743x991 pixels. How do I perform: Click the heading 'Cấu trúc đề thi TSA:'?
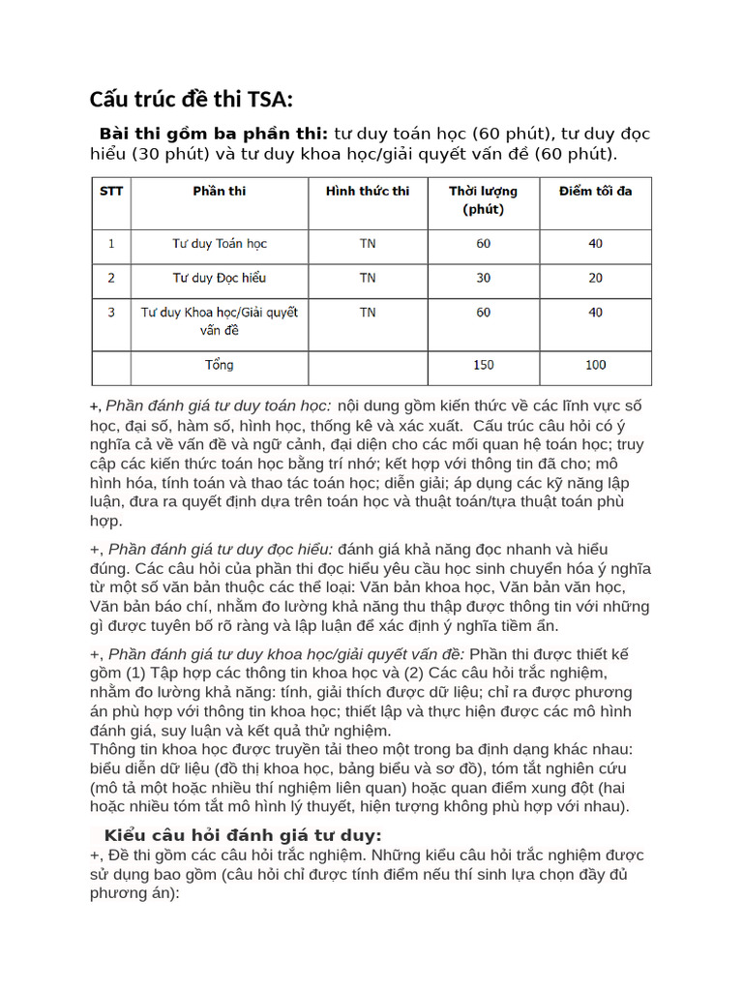point(191,100)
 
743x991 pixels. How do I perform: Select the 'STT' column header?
point(111,191)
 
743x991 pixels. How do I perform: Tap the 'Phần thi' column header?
point(220,191)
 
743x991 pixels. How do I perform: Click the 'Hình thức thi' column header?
point(368,191)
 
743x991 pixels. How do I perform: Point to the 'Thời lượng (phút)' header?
point(483,199)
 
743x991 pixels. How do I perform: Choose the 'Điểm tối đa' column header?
point(595,191)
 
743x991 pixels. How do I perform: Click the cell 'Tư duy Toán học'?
point(220,243)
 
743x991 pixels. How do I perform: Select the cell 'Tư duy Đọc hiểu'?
point(220,278)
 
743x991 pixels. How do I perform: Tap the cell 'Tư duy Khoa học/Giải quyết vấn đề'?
point(220,320)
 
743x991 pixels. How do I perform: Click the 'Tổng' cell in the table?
point(220,365)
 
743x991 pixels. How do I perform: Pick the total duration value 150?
point(483,365)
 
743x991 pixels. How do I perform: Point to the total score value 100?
point(595,365)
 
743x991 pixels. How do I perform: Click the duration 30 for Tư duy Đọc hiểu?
point(483,278)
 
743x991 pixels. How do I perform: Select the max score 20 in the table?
point(595,278)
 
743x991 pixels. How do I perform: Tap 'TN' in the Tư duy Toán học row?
point(368,243)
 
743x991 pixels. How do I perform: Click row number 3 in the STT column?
point(111,313)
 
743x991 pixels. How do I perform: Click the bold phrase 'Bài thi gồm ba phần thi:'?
point(214,133)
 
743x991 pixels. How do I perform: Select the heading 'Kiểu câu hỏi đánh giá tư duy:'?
point(243,835)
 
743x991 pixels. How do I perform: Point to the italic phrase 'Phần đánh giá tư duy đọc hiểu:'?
point(221,550)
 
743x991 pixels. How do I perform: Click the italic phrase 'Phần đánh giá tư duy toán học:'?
point(219,405)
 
